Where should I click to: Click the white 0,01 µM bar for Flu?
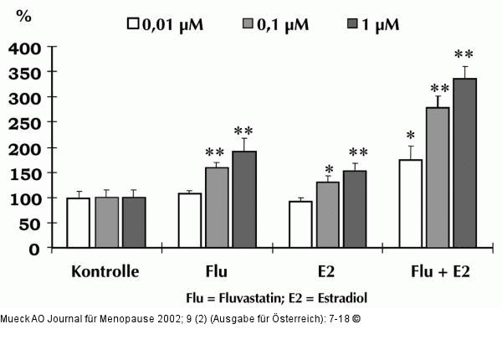[x=190, y=221]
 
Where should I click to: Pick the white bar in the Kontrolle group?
[x=78, y=224]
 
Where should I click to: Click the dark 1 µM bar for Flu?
[x=243, y=200]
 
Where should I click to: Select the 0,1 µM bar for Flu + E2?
[x=438, y=178]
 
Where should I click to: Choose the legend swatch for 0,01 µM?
[x=132, y=23]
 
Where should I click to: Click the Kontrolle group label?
[x=105, y=272]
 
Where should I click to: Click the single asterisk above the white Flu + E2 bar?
[x=410, y=136]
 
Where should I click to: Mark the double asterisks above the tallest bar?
[x=464, y=55]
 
